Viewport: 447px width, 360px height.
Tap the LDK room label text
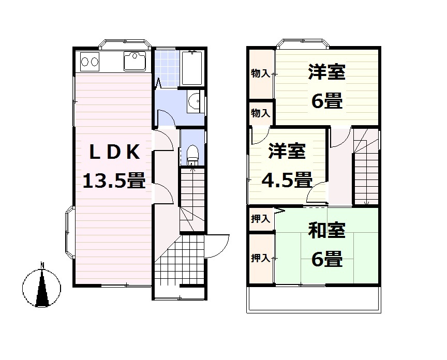coord(114,153)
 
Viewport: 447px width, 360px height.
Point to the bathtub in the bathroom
coord(192,68)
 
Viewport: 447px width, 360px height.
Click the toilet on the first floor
coord(192,153)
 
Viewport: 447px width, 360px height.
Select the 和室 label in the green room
coord(326,231)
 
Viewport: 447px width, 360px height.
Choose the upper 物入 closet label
coord(260,73)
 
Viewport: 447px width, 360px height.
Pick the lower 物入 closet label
coord(260,112)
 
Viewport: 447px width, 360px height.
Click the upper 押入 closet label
coord(260,219)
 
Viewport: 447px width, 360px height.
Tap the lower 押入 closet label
coord(260,258)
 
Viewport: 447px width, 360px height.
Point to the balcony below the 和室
coord(314,298)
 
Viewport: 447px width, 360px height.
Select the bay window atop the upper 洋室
coord(303,43)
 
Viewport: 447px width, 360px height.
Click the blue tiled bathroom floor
coord(167,67)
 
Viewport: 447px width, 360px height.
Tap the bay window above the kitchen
coord(124,43)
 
